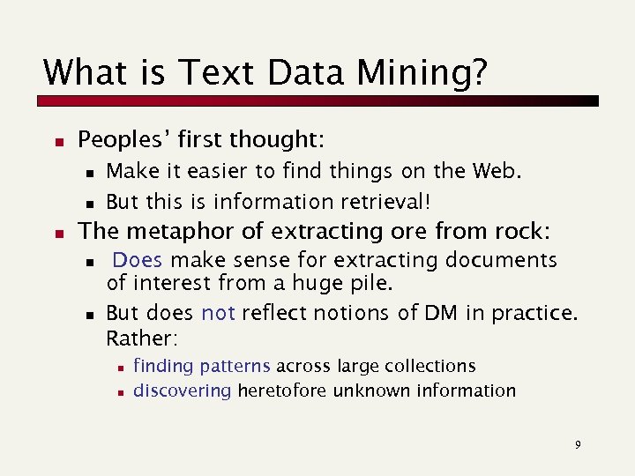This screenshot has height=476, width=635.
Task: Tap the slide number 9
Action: (x=578, y=444)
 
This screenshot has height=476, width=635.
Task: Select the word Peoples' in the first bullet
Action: (x=123, y=139)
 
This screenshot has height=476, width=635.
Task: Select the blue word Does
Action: (x=138, y=260)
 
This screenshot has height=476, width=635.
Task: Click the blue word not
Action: (x=218, y=313)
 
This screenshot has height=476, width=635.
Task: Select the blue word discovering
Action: (x=182, y=390)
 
